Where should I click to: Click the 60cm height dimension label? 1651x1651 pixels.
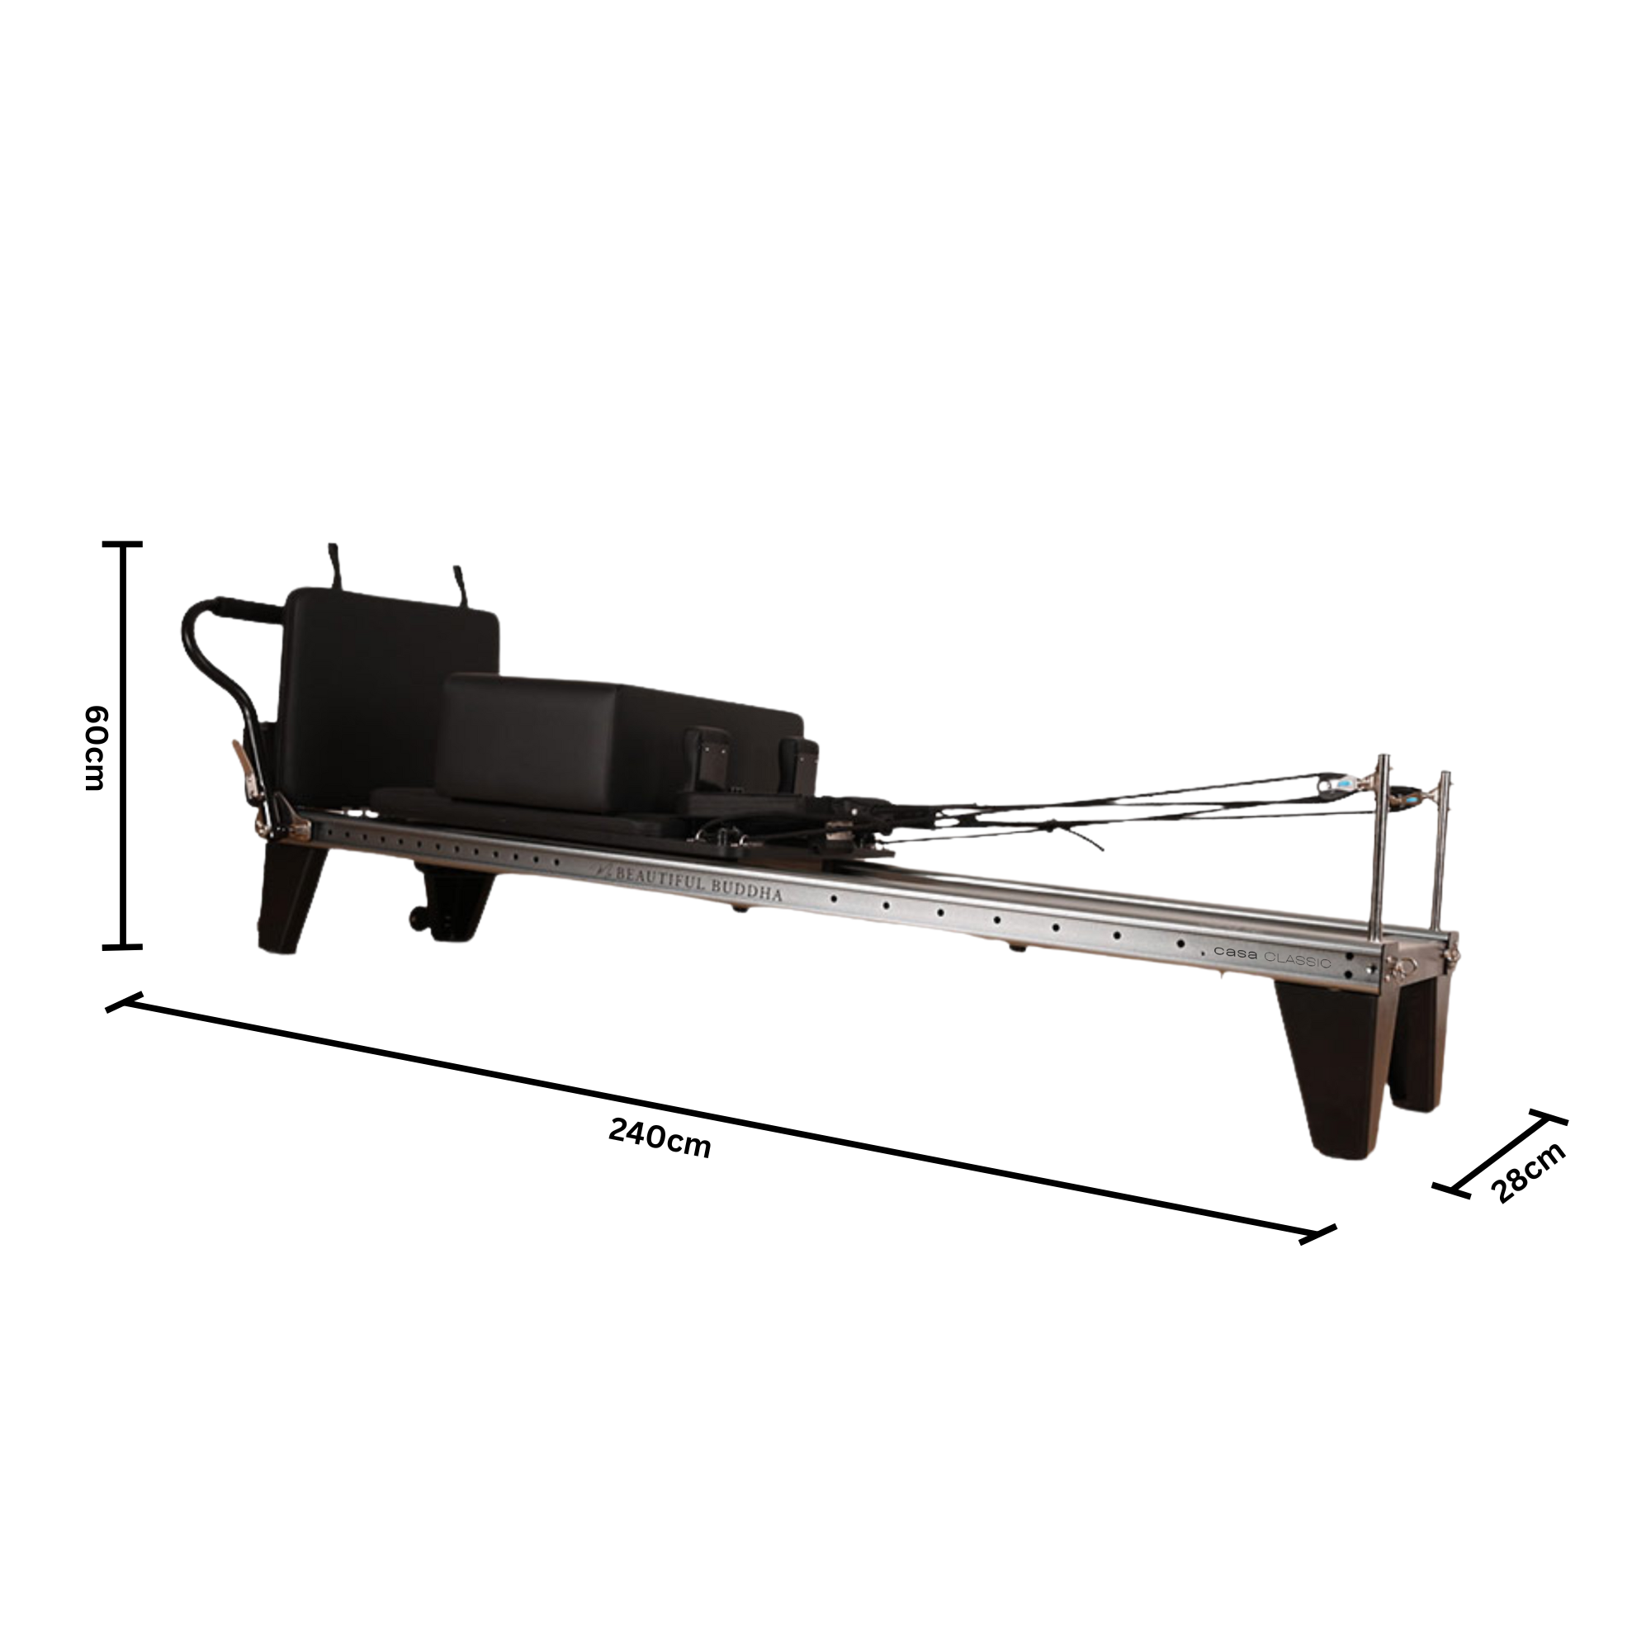pyautogui.click(x=95, y=748)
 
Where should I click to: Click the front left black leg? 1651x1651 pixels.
pyautogui.click(x=291, y=897)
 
